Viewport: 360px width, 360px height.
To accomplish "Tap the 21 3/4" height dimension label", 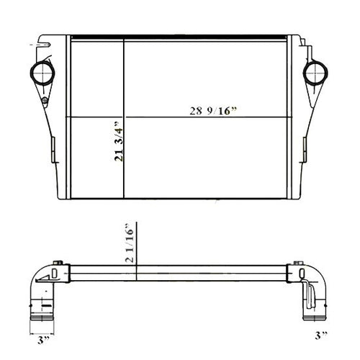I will point(117,144).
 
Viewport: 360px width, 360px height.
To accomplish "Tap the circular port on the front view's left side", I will point(40,73).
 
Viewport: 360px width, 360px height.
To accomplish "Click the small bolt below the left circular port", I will point(43,98).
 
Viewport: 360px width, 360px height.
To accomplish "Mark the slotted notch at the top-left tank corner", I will point(48,44).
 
